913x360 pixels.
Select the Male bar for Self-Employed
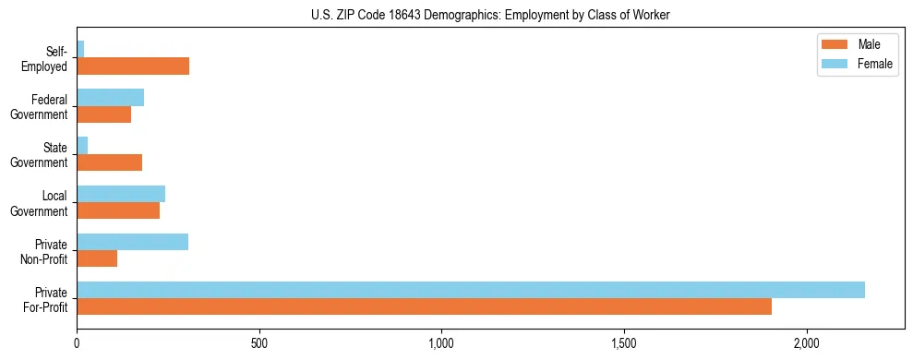[133, 66]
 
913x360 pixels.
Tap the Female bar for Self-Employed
[80, 49]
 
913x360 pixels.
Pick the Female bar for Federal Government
[110, 97]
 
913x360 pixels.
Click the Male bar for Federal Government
[103, 114]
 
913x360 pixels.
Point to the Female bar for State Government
[82, 145]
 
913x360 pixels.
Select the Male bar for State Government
[109, 162]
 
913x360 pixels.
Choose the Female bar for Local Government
[121, 193]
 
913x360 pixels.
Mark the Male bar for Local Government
[118, 210]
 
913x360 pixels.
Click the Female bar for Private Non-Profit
[132, 242]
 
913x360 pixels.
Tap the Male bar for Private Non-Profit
[97, 258]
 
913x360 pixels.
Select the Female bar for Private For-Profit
[471, 290]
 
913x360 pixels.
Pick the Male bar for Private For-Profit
[424, 306]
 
